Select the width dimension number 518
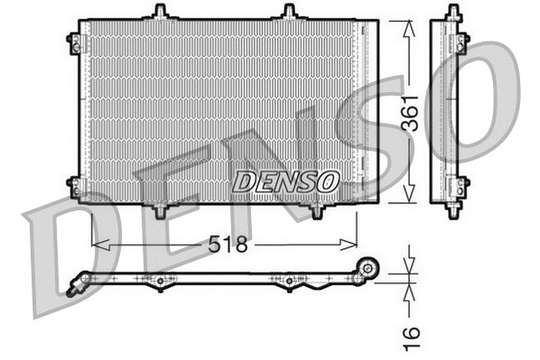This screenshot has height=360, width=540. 227,244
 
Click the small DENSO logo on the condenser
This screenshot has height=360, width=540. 285,180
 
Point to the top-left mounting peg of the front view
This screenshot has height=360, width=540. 160,12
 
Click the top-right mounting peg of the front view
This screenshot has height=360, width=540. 289,12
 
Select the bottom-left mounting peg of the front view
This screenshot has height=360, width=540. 160,210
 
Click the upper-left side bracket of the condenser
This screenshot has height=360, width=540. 72,40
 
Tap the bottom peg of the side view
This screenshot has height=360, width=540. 451,208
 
